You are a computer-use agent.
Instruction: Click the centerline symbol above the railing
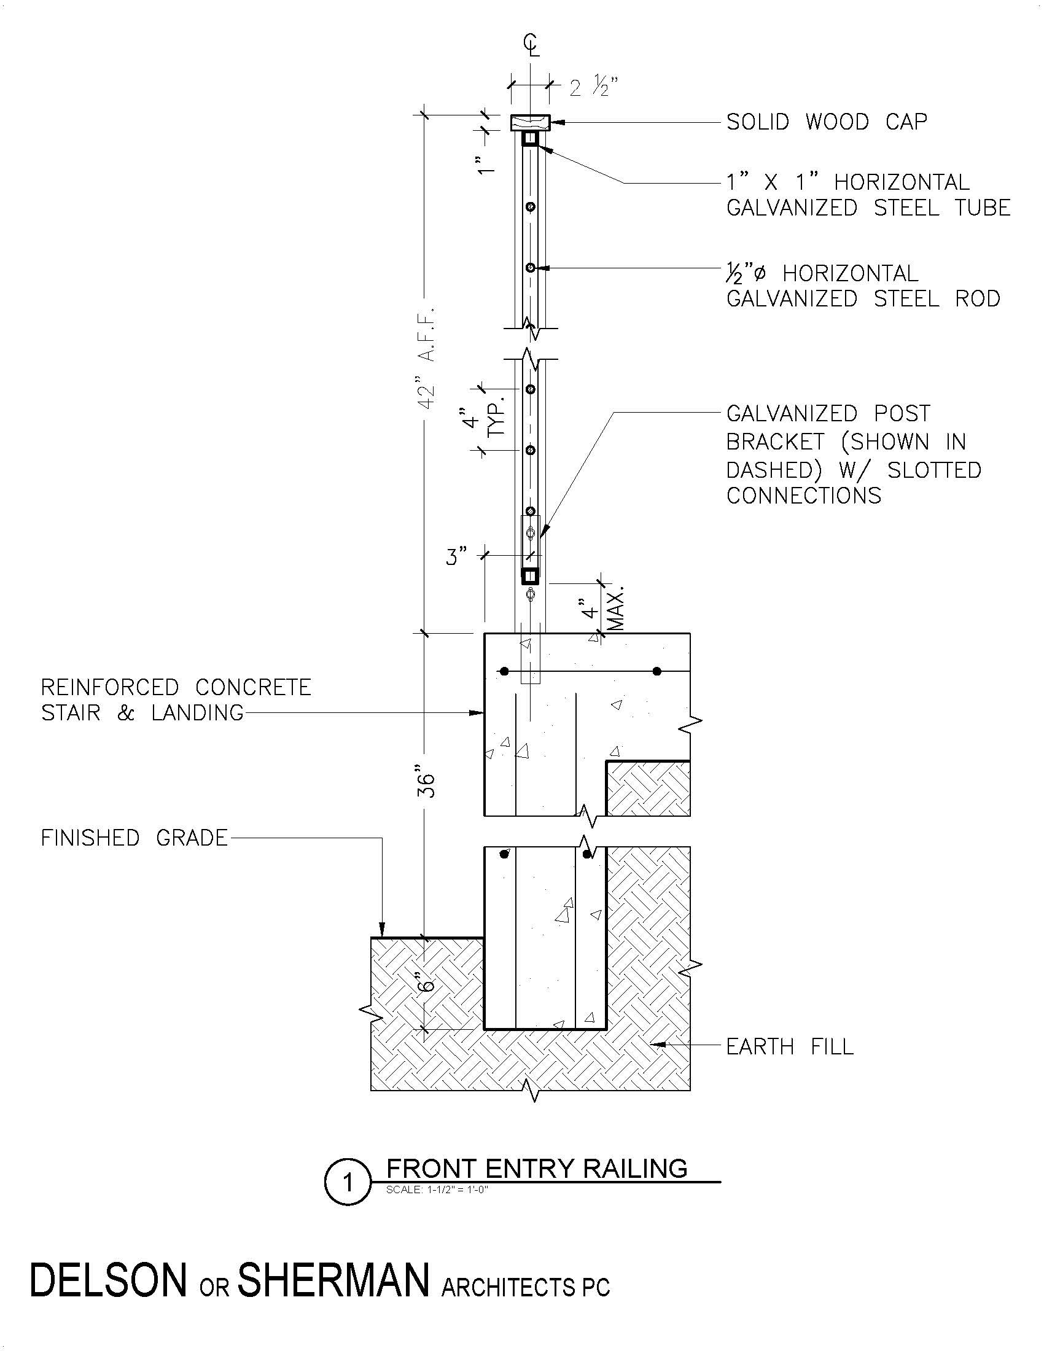click(531, 45)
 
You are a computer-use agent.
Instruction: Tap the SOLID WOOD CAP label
click(826, 122)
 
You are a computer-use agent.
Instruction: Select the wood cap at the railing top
click(530, 122)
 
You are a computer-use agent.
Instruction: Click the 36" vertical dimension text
click(427, 784)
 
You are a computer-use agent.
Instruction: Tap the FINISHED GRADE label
click(134, 838)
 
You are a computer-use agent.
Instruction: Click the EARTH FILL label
click(789, 1046)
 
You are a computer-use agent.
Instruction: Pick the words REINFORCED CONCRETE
click(176, 687)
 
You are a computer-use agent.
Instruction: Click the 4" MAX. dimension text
click(603, 609)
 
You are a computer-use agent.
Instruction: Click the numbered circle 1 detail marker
click(347, 1182)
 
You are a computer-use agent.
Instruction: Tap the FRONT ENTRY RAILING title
click(536, 1169)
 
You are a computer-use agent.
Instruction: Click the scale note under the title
click(437, 1189)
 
